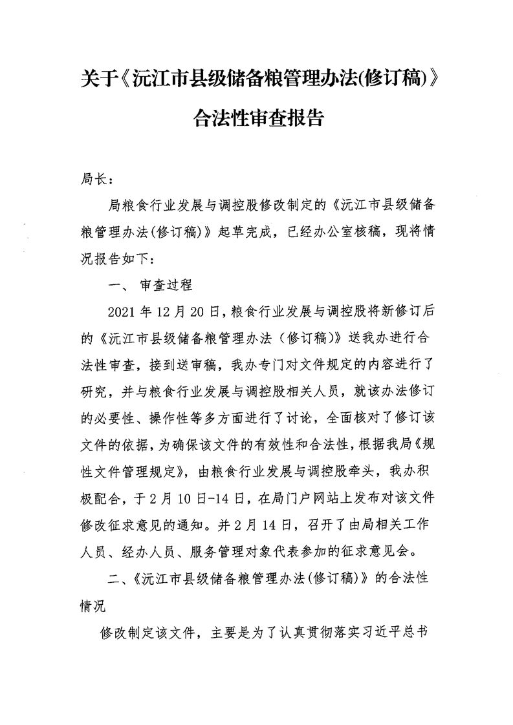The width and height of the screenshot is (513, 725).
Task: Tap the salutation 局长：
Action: coord(98,177)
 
